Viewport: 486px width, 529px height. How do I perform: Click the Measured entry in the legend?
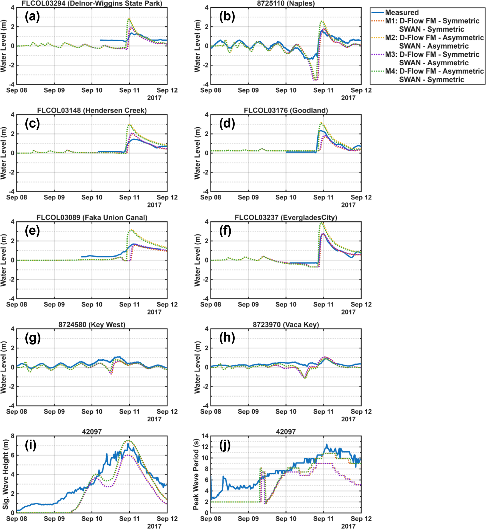tap(402, 12)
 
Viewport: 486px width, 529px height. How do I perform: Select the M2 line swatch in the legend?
tap(378, 38)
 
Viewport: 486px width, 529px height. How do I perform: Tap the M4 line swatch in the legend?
tap(378, 71)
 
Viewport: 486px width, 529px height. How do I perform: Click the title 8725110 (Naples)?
tap(286, 4)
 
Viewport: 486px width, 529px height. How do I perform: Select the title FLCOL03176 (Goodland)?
tap(286, 110)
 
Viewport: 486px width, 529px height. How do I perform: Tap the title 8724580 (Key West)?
tap(92, 325)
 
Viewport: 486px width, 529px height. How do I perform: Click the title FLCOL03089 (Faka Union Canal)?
tap(92, 218)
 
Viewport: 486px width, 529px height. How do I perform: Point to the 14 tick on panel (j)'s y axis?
tap(205, 436)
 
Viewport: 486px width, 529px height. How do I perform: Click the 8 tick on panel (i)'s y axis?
tap(12, 436)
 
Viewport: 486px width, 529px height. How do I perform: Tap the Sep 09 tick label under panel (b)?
tap(248, 90)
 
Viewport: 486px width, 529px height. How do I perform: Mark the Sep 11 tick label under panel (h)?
tap(323, 411)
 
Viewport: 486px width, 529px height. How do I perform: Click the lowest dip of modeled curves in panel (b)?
tap(315, 80)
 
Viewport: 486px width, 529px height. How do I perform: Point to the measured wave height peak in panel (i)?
tap(128, 444)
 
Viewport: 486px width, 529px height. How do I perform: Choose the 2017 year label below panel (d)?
tap(348, 205)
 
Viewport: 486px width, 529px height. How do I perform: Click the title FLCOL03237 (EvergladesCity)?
tap(286, 218)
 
